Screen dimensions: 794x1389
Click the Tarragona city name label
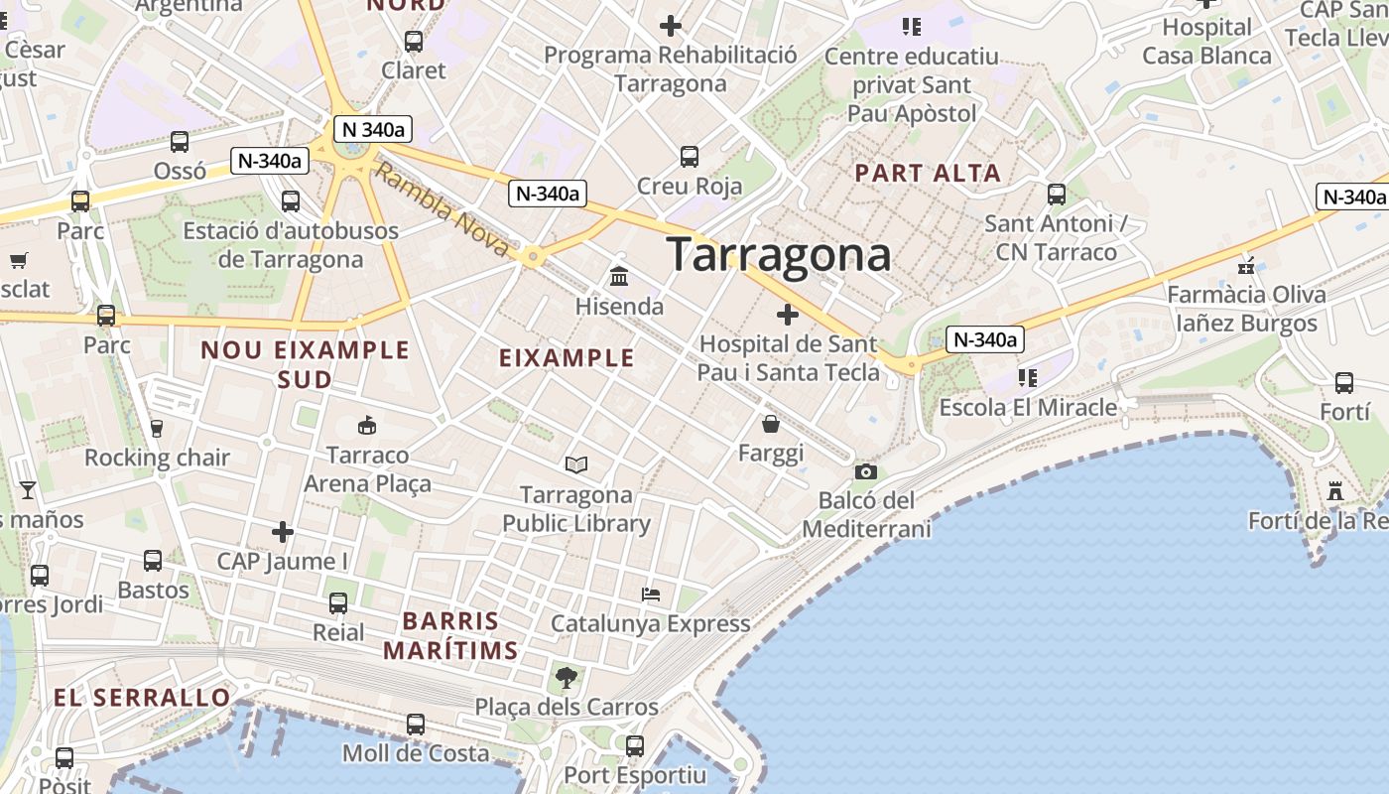(779, 255)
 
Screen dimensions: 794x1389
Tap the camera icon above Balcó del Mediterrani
(866, 472)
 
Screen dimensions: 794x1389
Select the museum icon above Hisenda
(619, 275)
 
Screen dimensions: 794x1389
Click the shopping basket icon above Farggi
(770, 425)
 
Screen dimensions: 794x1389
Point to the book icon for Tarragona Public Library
(575, 464)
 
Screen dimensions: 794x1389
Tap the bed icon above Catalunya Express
(651, 595)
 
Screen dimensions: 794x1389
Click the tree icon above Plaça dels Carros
(567, 678)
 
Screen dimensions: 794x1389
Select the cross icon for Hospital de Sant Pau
(788, 316)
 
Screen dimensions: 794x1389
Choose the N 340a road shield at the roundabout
(372, 129)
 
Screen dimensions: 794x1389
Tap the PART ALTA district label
(928, 173)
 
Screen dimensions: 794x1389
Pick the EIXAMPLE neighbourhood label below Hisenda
(567, 357)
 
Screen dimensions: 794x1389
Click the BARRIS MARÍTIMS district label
(451, 636)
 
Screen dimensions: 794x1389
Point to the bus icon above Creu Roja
(690, 157)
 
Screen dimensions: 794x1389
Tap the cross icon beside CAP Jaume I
(283, 532)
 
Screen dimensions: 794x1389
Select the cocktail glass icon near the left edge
(28, 490)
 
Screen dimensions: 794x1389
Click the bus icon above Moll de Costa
(416, 725)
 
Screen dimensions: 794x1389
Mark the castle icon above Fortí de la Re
(1335, 491)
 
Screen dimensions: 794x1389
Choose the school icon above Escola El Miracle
(1027, 378)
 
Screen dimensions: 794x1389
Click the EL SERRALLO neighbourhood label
(142, 697)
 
